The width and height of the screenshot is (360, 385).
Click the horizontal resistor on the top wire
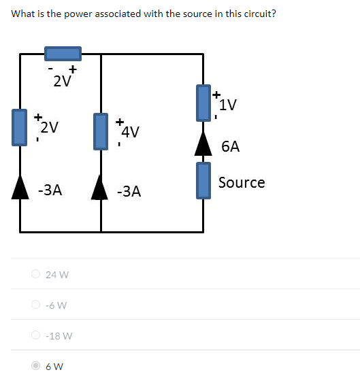click(x=63, y=53)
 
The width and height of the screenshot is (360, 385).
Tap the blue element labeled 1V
click(x=203, y=103)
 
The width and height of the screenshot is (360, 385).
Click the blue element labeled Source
click(x=203, y=180)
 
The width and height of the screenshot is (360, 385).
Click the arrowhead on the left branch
click(x=20, y=185)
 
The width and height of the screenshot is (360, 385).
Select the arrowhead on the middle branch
click(x=101, y=185)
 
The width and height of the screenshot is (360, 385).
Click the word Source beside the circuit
click(x=242, y=182)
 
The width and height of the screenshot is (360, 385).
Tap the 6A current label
click(x=230, y=146)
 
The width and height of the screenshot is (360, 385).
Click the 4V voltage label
click(x=131, y=131)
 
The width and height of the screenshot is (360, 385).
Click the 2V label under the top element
click(x=62, y=82)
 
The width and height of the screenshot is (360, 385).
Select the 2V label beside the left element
click(x=49, y=127)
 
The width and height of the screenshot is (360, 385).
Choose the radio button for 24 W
click(x=35, y=275)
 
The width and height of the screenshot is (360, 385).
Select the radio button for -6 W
click(x=35, y=305)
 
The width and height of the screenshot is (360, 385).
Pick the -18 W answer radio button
click(x=35, y=335)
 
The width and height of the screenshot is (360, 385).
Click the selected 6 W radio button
click(x=35, y=366)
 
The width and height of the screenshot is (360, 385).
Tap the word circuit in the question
click(x=255, y=13)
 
